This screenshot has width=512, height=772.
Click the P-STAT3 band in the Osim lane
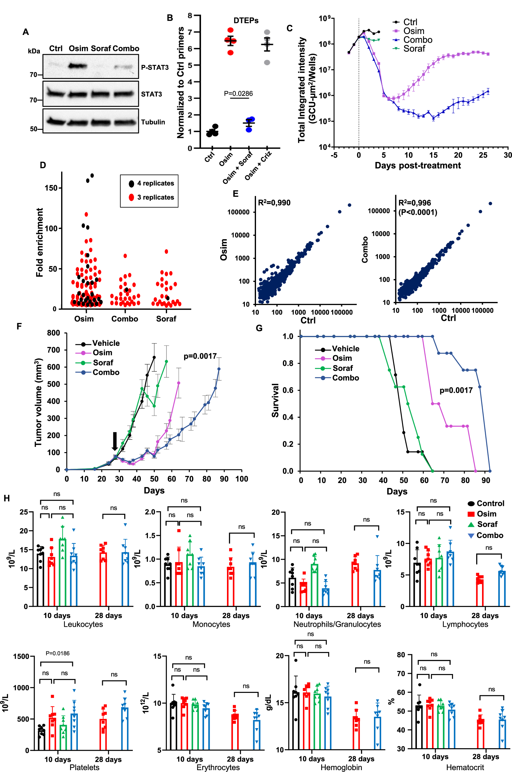coord(78,66)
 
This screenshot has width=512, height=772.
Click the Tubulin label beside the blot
coord(153,122)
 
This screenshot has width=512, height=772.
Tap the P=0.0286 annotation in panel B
coord(238,93)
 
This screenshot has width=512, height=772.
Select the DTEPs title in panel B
coord(246,21)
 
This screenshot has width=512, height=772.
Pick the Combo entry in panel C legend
coord(418,40)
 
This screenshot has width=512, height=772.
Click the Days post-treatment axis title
coord(418,165)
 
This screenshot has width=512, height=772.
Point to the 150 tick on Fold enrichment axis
coord(51,188)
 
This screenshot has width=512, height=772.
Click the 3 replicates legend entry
coord(155,197)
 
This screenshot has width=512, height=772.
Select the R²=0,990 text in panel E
coord(274,202)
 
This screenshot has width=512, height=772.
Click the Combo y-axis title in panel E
coord(365,250)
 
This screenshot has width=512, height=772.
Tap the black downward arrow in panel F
coord(115,441)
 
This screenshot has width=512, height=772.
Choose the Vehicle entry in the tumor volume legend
coord(106,343)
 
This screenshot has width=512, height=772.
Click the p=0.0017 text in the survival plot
coord(456,390)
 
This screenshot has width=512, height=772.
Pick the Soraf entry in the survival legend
coord(342,368)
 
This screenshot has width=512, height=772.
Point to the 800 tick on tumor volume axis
coord(53,333)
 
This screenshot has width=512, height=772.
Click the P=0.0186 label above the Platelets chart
coord(57,653)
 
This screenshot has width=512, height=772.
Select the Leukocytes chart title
coord(83,624)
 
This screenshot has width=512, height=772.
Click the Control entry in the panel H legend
coord(490,503)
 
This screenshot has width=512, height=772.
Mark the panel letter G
coord(259,328)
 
